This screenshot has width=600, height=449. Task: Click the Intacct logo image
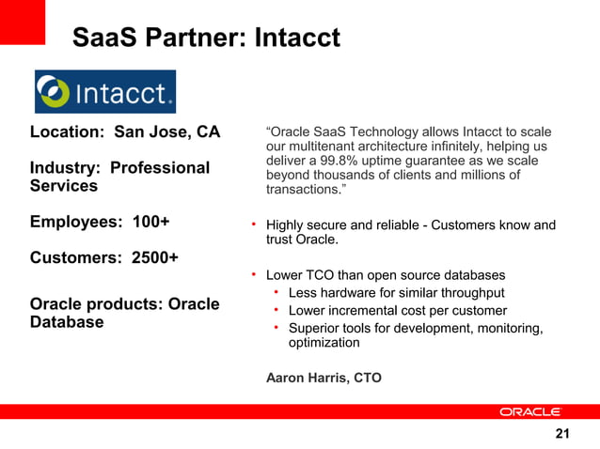pyautogui.click(x=104, y=92)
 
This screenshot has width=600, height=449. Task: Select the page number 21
pyautogui.click(x=562, y=433)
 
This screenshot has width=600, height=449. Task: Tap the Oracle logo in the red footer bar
pyautogui.click(x=529, y=411)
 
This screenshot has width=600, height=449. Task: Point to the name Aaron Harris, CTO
pyautogui.click(x=324, y=378)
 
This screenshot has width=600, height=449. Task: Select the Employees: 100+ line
pyautogui.click(x=100, y=222)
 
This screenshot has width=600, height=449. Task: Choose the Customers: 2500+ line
pyautogui.click(x=103, y=257)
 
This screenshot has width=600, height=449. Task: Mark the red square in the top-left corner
pyautogui.click(x=22, y=22)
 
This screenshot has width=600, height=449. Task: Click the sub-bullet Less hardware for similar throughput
pyautogui.click(x=396, y=293)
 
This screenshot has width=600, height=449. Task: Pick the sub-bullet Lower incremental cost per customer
pyautogui.click(x=397, y=310)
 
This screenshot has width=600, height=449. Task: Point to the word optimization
pyautogui.click(x=324, y=343)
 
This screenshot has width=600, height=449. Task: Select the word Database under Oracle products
pyautogui.click(x=67, y=322)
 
